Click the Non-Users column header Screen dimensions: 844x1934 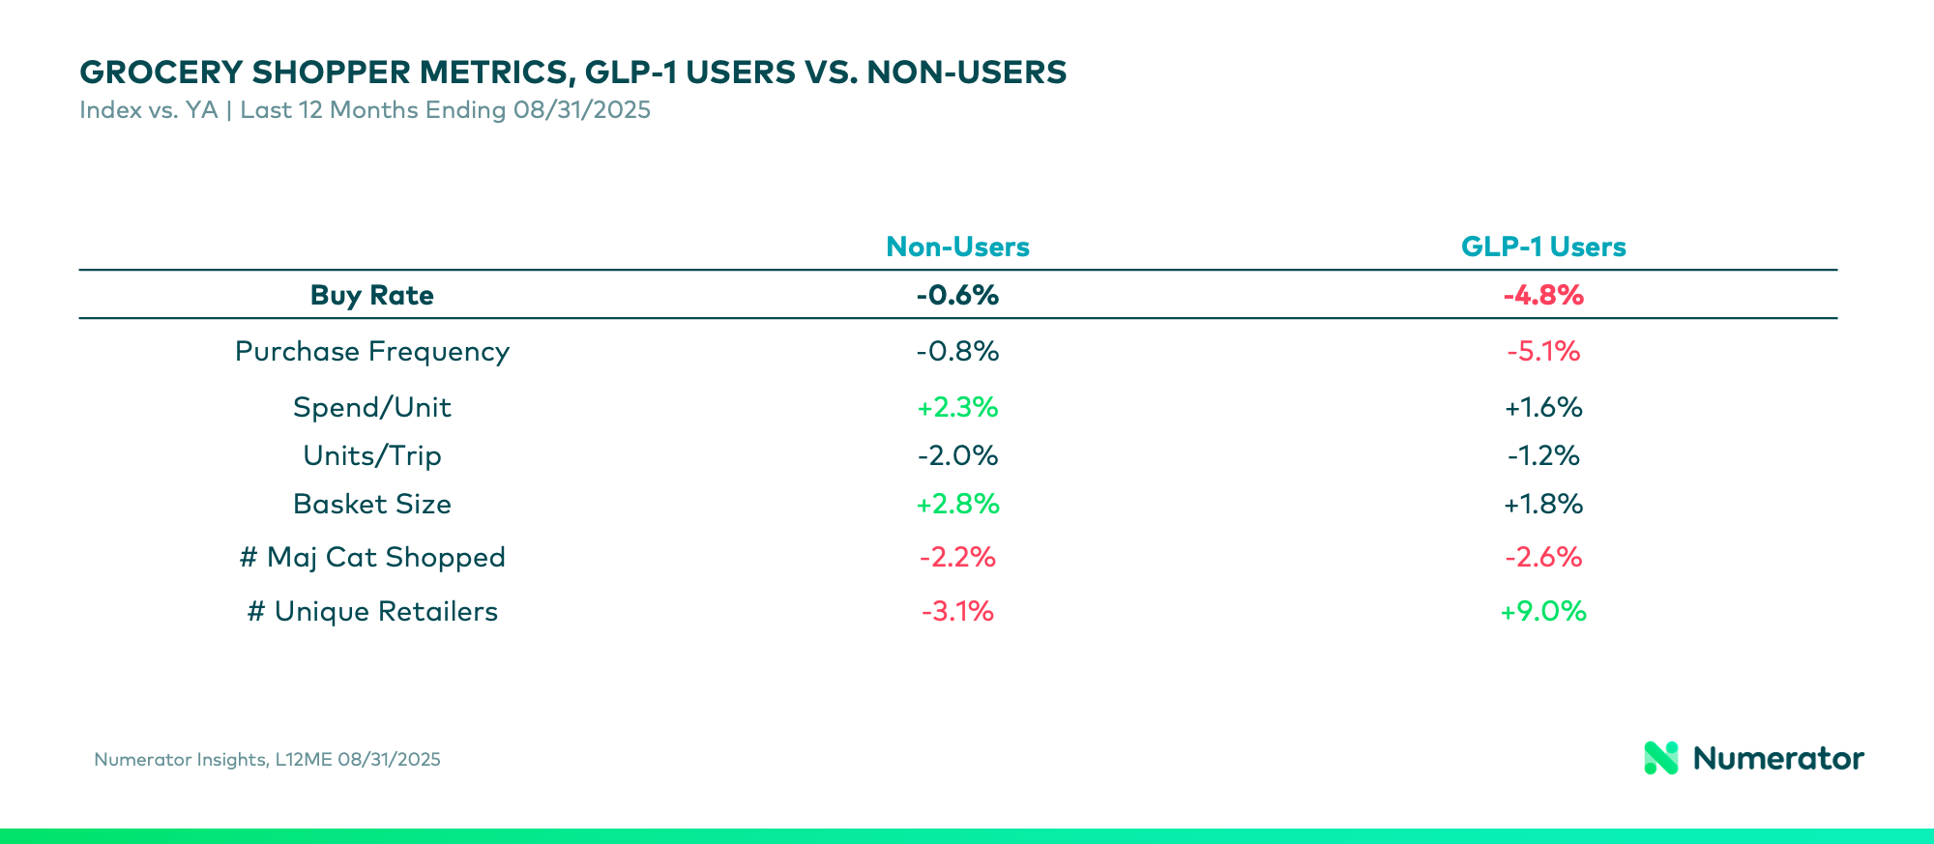(x=957, y=247)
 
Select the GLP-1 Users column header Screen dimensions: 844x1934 (x=1543, y=247)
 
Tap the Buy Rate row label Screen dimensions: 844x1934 (x=371, y=296)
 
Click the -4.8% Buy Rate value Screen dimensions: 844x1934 (x=1543, y=296)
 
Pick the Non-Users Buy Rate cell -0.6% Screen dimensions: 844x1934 (x=957, y=296)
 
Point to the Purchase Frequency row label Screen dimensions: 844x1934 (x=371, y=352)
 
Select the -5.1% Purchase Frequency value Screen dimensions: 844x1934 (x=1543, y=352)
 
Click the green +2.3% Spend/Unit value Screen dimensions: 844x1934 (x=957, y=408)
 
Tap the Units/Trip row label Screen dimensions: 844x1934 (x=371, y=456)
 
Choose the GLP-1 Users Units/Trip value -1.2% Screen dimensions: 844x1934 (x=1543, y=456)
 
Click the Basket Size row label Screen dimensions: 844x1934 (x=371, y=505)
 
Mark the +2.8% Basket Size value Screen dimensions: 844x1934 (x=957, y=505)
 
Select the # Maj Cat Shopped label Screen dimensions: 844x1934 (x=371, y=558)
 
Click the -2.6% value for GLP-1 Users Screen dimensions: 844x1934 (x=1543, y=558)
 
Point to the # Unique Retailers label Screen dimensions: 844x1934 (x=371, y=612)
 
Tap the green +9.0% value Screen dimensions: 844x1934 (x=1543, y=612)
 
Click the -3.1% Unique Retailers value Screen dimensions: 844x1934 (x=957, y=612)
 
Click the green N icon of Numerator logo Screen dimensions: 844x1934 (x=1661, y=759)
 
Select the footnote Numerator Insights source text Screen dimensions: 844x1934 (x=267, y=760)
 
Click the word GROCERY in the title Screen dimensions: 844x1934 (x=161, y=73)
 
